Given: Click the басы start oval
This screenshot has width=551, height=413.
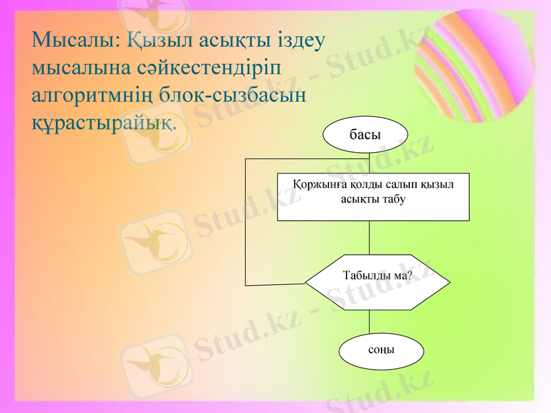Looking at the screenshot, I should [x=365, y=134].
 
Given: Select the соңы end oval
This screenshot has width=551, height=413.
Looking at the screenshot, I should [x=381, y=350].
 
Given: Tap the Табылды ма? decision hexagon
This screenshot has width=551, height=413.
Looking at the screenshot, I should [x=377, y=282].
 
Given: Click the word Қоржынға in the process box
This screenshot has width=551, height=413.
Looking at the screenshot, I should [x=318, y=185].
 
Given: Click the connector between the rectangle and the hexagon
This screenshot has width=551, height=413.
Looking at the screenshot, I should [x=370, y=237].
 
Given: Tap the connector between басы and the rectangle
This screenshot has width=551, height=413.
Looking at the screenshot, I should [x=370, y=164].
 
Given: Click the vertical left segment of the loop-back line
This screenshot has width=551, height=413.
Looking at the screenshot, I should [x=246, y=220].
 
